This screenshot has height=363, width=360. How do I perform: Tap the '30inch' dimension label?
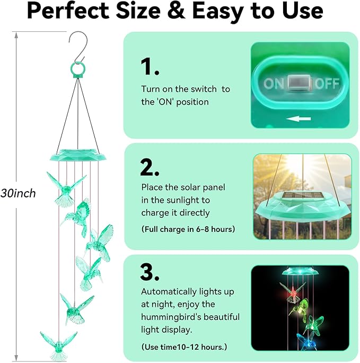[18, 193]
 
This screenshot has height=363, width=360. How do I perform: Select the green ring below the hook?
[77, 70]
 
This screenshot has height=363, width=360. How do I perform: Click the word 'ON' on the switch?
[274, 83]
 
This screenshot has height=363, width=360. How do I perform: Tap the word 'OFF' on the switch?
[327, 83]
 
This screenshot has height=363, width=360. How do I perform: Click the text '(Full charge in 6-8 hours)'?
[188, 229]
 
